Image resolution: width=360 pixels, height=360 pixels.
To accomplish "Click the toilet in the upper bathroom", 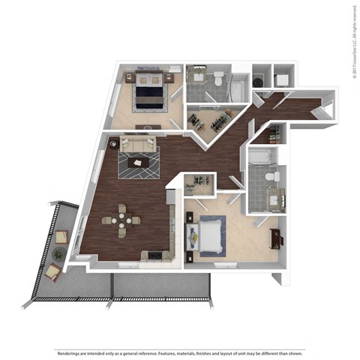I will (x=217, y=77).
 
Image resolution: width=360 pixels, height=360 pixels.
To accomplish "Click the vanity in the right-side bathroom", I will (x=270, y=199).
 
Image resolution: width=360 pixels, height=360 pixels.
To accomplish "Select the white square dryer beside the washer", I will (x=281, y=77).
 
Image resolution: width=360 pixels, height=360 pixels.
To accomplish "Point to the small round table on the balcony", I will (x=57, y=255).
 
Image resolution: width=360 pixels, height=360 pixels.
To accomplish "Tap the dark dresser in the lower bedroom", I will (x=276, y=238).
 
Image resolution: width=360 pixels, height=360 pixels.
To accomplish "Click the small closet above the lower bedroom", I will (x=200, y=182).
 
